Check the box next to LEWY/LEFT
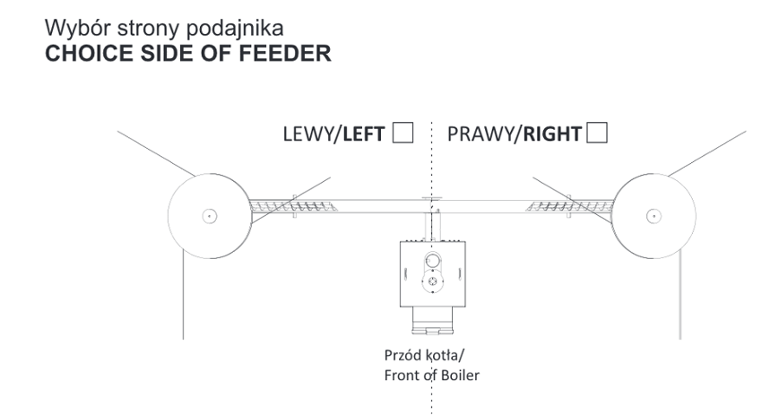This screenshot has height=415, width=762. point(403,134)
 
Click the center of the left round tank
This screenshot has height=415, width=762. point(208,215)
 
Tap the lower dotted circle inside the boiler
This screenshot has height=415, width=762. point(434,283)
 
